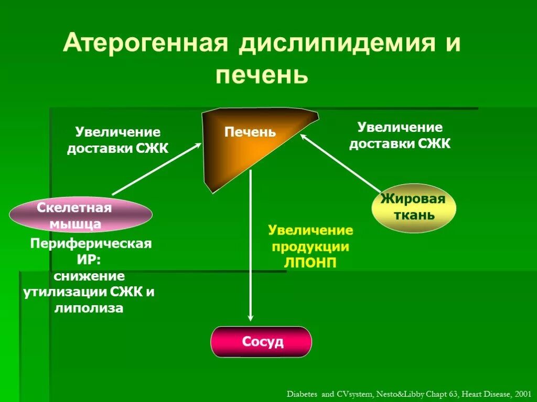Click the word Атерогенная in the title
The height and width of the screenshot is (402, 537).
coord(145,44)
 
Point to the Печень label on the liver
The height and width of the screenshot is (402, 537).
coord(250,132)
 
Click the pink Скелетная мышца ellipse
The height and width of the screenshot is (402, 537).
coord(80,215)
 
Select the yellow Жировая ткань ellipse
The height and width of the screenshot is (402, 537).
coord(413,207)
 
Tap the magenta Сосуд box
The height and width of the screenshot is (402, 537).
coord(261,342)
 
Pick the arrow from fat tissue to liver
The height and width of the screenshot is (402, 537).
coord(341,162)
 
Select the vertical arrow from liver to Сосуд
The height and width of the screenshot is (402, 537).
coord(251,246)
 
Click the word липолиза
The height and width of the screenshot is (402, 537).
coord(89,308)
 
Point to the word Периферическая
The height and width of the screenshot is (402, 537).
coord(91,244)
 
